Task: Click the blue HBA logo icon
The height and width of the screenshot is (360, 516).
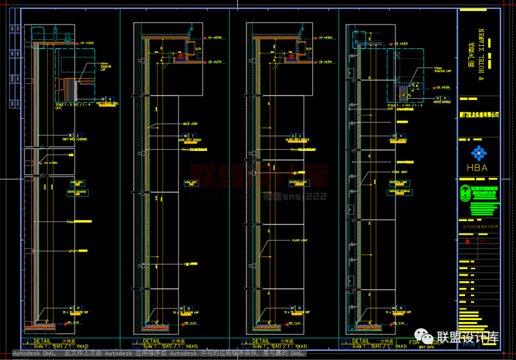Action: (477, 154)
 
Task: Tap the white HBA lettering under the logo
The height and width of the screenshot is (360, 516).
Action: (477, 168)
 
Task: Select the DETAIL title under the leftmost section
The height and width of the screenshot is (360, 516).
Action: (43, 341)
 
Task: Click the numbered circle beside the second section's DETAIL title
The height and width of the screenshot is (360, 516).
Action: (136, 342)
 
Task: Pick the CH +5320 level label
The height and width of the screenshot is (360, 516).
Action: (86, 43)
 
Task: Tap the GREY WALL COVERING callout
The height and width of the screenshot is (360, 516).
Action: (75, 139)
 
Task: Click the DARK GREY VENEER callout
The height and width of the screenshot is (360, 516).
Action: (188, 139)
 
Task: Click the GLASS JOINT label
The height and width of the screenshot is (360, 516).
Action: (300, 241)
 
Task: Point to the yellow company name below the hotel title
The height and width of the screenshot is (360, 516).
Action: (478, 115)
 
